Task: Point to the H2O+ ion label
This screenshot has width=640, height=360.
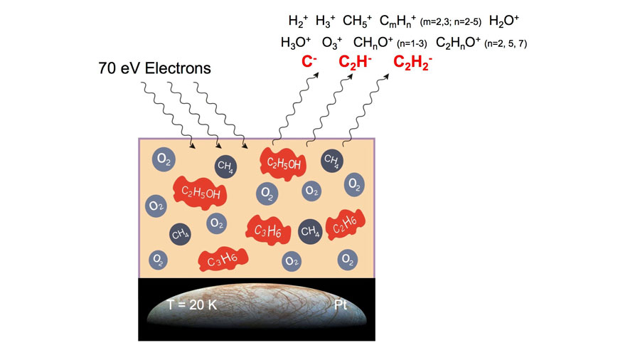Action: [x=504, y=21]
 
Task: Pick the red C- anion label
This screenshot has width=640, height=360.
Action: [x=309, y=63]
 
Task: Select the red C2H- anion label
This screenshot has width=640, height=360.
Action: [x=354, y=63]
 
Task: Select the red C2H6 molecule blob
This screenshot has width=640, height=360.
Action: [x=341, y=224]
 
